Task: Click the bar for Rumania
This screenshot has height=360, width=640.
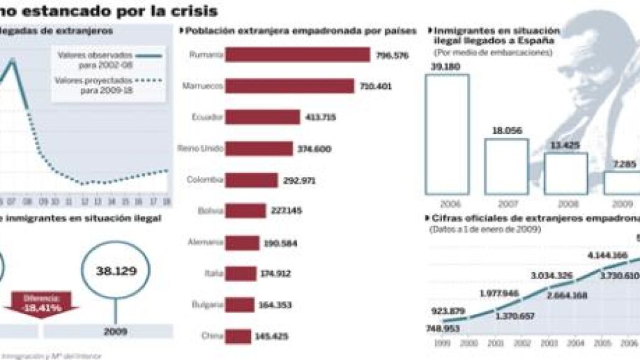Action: pyautogui.click(x=298, y=55)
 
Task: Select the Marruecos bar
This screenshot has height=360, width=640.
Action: pyautogui.click(x=289, y=86)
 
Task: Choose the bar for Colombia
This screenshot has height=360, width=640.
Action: pyautogui.click(x=252, y=180)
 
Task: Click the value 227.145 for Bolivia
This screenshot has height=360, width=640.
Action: pyautogui.click(x=286, y=211)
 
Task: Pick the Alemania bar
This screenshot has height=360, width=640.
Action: pyautogui.click(x=242, y=242)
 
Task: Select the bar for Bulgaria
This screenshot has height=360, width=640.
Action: pyautogui.click(x=240, y=305)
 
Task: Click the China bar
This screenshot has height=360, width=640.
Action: pyautogui.click(x=238, y=336)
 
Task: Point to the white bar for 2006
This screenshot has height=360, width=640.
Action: pyautogui.click(x=446, y=134)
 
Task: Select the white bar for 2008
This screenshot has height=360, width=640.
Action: pyautogui.click(x=565, y=173)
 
